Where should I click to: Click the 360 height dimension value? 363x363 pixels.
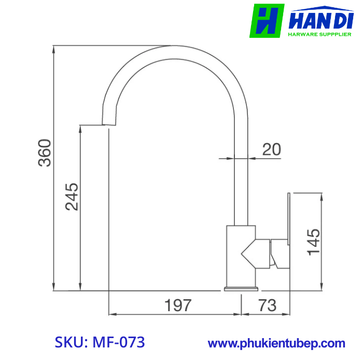pyautogui.click(x=46, y=153)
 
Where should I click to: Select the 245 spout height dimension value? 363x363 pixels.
pyautogui.click(x=72, y=197)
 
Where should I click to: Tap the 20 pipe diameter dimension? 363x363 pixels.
pyautogui.click(x=271, y=149)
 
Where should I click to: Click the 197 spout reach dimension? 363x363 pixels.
pyautogui.click(x=178, y=305)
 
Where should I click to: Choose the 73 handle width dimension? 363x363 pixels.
pyautogui.click(x=267, y=305)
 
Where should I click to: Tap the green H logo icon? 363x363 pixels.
pyautogui.click(x=267, y=21)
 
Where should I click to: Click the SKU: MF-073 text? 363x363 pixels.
pyautogui.click(x=100, y=342)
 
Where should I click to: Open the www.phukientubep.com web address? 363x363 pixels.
pyautogui.click(x=276, y=343)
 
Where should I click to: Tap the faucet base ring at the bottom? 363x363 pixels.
pyautogui.click(x=241, y=288)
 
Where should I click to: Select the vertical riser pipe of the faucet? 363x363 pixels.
pyautogui.click(x=241, y=176)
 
